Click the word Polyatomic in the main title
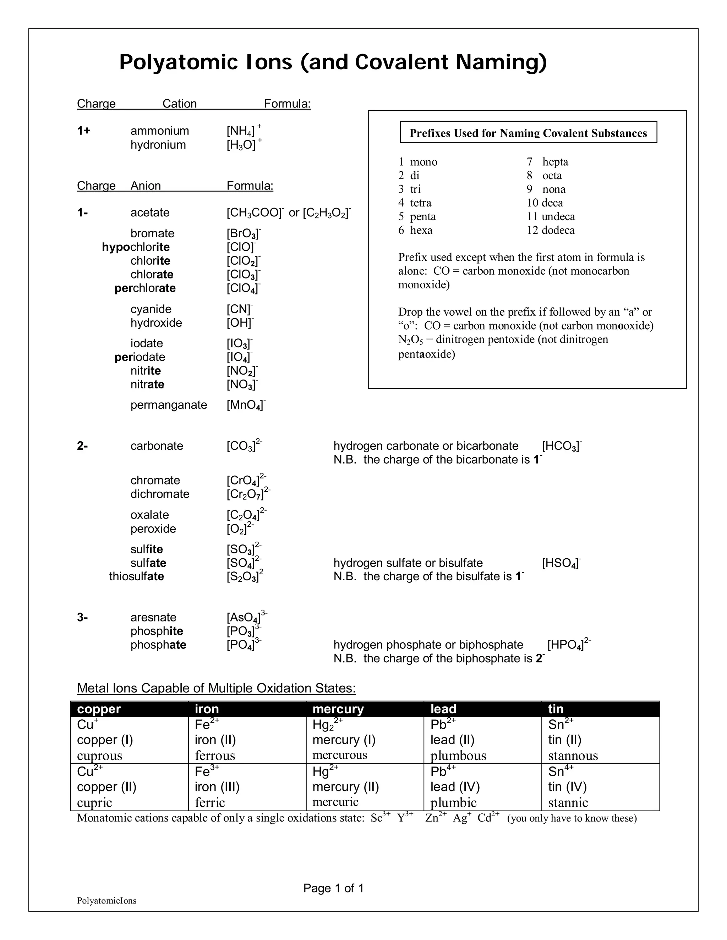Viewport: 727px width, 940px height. point(178,62)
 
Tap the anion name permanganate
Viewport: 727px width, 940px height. point(169,405)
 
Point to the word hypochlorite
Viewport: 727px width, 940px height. point(136,247)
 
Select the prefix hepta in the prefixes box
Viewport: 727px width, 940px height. point(555,162)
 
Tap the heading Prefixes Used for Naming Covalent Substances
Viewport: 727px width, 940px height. point(528,133)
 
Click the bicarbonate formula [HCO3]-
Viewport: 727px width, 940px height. point(561,446)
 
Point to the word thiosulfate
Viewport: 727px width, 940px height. point(137,576)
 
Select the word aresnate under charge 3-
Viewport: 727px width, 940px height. point(153,617)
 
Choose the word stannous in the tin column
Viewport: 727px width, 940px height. point(573,756)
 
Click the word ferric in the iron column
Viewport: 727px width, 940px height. point(210,803)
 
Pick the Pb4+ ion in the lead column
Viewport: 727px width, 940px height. point(443,771)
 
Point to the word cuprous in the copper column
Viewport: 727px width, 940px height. point(99,756)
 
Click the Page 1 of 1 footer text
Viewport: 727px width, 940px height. point(333,888)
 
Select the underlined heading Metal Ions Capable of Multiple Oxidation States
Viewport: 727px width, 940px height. point(216,688)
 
